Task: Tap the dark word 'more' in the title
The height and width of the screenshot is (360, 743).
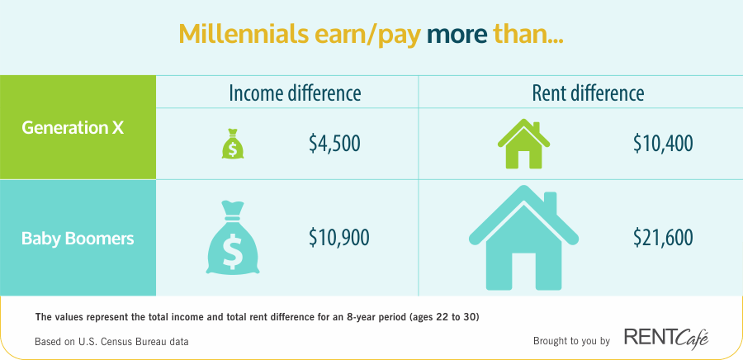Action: click(x=457, y=34)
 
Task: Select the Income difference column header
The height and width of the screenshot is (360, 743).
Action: click(x=295, y=93)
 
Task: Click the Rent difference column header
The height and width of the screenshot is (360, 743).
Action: click(x=588, y=93)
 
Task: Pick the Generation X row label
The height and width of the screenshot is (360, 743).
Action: click(x=73, y=128)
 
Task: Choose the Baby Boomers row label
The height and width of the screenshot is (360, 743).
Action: click(x=78, y=239)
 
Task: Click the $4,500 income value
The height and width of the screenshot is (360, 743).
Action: click(x=334, y=144)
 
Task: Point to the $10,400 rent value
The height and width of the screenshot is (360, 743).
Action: click(x=664, y=144)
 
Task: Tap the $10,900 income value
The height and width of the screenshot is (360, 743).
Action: click(x=338, y=237)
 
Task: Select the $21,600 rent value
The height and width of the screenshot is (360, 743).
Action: click(x=664, y=237)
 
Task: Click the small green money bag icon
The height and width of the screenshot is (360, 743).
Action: click(x=232, y=144)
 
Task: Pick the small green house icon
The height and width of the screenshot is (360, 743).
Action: click(x=523, y=144)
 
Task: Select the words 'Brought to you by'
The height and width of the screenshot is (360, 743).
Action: click(x=571, y=341)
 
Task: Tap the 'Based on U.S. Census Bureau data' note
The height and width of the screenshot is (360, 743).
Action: click(x=111, y=341)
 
